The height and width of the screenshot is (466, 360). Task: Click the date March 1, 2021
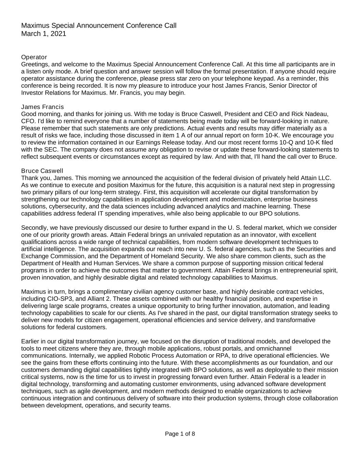click(44, 34)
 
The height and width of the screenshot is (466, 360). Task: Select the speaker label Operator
click(34, 57)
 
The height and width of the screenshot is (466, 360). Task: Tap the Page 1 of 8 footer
click(180, 434)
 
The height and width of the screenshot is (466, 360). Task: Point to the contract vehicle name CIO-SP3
click(58, 299)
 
